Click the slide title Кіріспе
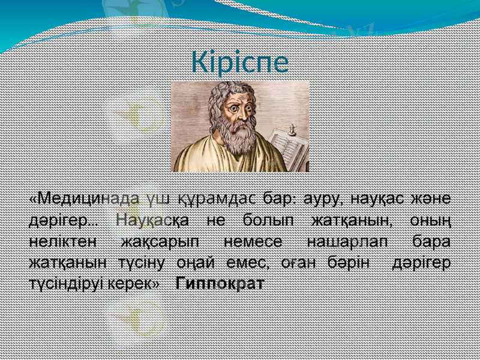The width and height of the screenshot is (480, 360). [x=240, y=62]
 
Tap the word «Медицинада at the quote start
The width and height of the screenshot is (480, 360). [x=83, y=197]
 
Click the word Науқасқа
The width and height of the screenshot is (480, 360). [x=152, y=220]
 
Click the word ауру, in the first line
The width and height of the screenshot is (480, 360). [x=323, y=197]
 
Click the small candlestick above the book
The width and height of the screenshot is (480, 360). [x=293, y=128]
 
